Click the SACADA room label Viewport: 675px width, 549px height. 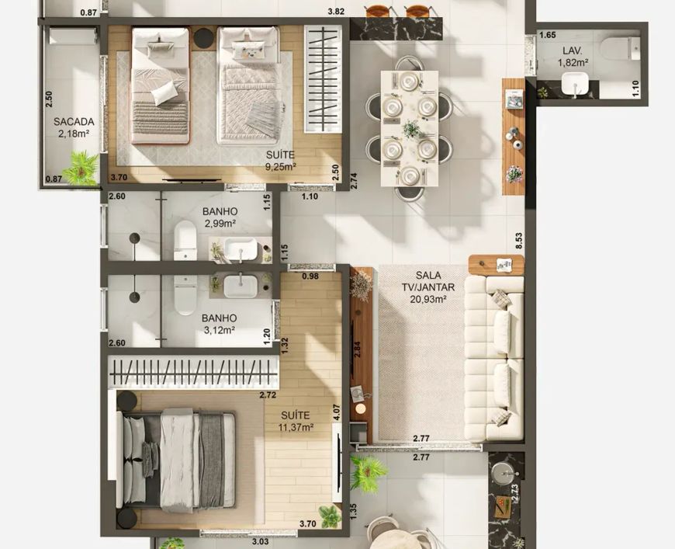click(74, 122)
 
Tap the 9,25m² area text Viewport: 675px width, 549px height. click(280, 167)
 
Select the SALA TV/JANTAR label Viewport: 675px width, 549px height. click(428, 281)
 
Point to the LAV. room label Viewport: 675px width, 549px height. click(573, 50)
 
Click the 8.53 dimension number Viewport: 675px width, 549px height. click(519, 241)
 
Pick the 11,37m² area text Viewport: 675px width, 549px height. click(296, 428)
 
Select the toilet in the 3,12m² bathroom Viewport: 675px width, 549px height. click(185, 295)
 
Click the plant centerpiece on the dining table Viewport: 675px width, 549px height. click(411, 129)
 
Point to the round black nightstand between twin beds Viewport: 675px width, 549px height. click(203, 38)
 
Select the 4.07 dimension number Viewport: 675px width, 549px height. click(337, 412)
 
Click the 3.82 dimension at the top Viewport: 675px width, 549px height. click(336, 12)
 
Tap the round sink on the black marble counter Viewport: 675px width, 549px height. click(504, 473)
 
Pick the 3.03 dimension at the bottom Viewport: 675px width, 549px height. click(261, 541)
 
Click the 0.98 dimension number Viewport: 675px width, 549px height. click(310, 276)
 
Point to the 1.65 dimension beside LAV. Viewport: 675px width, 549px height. click(548, 36)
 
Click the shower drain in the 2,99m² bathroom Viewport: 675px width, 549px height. click(135, 238)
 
